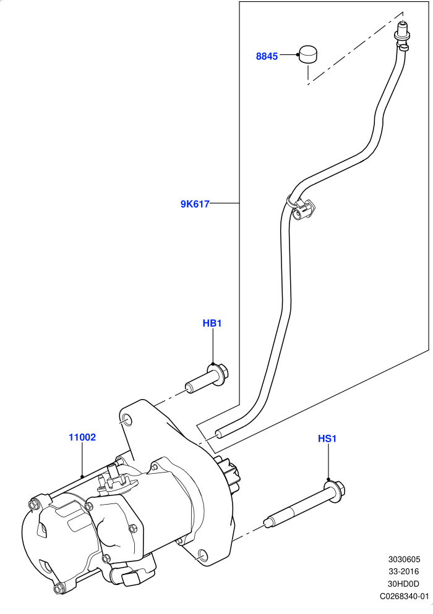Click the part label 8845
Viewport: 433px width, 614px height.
tap(267, 56)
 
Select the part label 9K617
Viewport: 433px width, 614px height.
tap(195, 204)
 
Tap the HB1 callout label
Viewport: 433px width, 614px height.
tap(212, 324)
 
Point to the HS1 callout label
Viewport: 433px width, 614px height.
tap(327, 439)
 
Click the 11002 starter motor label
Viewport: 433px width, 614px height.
tap(82, 437)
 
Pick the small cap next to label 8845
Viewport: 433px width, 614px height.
tap(308, 54)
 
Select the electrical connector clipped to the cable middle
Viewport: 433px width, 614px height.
tap(304, 209)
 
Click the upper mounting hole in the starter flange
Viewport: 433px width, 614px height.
tap(127, 421)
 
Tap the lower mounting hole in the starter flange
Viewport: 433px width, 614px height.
tap(201, 555)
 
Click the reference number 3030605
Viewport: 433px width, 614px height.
tap(404, 559)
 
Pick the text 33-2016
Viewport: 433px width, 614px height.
tap(404, 571)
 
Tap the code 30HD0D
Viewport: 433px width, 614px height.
tap(403, 584)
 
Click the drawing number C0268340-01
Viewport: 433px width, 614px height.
tap(405, 596)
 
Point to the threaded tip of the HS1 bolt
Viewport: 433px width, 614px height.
tap(268, 523)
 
